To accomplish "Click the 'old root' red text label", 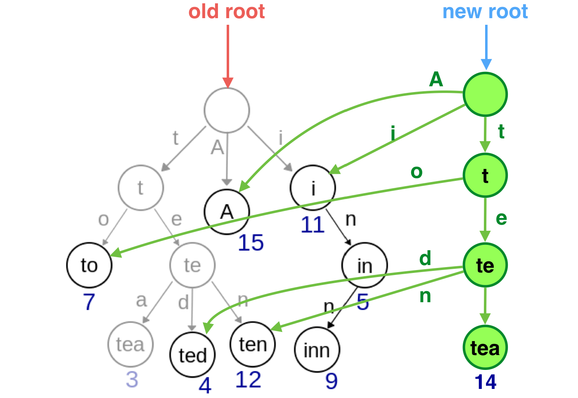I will (226, 12).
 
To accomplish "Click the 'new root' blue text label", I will (485, 12).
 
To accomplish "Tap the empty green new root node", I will (485, 94).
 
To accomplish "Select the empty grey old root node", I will (227, 110).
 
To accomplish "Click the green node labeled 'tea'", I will (485, 348).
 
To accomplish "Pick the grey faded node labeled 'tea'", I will (130, 344).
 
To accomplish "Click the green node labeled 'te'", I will (485, 265).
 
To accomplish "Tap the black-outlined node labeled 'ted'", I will (192, 355).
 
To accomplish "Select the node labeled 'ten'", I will (253, 344).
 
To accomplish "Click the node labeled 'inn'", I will (317, 350).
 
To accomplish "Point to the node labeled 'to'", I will (89, 265).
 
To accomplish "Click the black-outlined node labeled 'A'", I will (227, 212).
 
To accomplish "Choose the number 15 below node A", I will (251, 243).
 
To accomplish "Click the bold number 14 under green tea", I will (485, 382).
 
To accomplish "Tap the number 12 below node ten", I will (248, 380).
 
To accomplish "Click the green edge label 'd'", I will (425, 258).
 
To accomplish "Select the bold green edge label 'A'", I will (436, 79).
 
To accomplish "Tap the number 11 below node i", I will (313, 225).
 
